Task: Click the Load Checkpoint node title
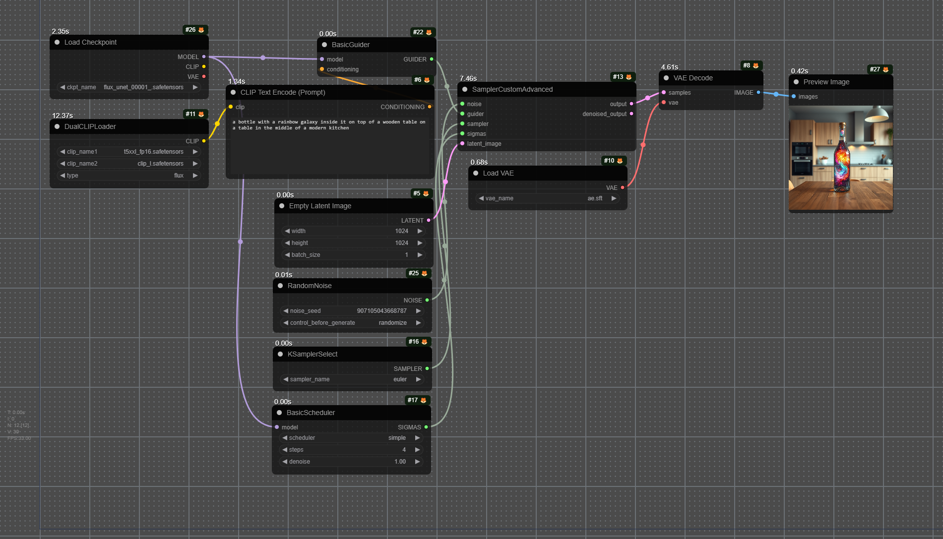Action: (90, 42)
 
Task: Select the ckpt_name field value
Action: (143, 87)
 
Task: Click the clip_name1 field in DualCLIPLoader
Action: (129, 152)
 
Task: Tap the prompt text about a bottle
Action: (329, 125)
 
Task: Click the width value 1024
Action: (402, 231)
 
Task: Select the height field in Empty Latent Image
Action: (353, 243)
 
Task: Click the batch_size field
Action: (353, 255)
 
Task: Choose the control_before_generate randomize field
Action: (352, 323)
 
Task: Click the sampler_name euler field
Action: (352, 379)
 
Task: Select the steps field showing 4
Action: (351, 450)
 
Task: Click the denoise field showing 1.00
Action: (351, 462)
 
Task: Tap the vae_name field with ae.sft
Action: (548, 198)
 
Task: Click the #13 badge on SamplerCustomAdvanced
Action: (622, 77)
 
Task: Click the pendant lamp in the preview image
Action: (877, 114)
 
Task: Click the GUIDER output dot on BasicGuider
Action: (432, 59)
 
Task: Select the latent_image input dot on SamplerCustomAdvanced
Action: (462, 144)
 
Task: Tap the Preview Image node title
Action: (826, 82)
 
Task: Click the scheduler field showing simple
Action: (351, 438)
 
